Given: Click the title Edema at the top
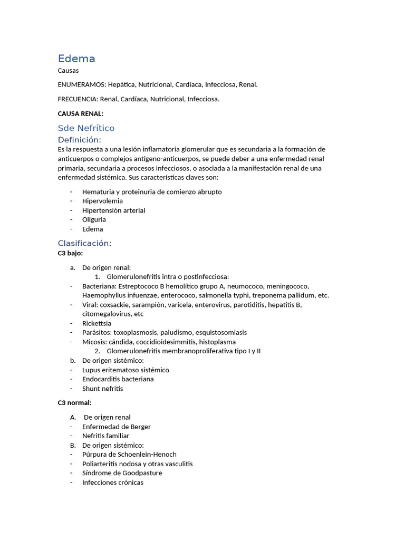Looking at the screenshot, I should click(x=76, y=59).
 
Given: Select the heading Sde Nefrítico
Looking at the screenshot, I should click(x=86, y=128).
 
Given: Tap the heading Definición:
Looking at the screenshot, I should click(x=79, y=140).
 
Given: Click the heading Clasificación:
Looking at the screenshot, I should click(x=84, y=243).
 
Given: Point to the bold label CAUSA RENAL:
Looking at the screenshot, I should click(x=80, y=113).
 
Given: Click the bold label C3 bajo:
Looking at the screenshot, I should click(x=70, y=253).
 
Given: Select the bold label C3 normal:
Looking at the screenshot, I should click(x=74, y=402).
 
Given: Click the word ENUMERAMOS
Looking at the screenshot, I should click(x=81, y=84).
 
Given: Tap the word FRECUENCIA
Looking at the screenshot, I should click(x=78, y=99).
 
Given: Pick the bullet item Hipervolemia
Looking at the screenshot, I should click(x=102, y=201).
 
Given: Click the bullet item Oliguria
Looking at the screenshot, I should click(x=94, y=219).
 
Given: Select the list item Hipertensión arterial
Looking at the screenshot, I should click(x=113, y=210).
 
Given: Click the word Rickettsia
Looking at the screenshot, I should click(x=97, y=323).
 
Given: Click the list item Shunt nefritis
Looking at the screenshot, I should click(x=102, y=389).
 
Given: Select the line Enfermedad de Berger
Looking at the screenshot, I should click(x=116, y=427).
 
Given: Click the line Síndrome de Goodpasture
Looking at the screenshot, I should click(x=122, y=473).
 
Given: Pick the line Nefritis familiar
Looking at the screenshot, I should click(x=105, y=436).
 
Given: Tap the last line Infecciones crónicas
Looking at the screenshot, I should click(x=112, y=482).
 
